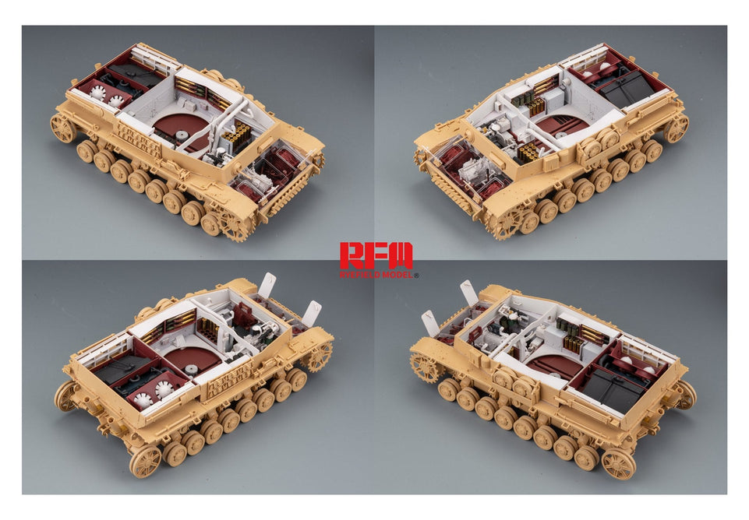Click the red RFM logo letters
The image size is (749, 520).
(376, 255)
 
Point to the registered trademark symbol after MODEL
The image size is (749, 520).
(415, 276)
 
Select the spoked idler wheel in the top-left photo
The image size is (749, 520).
(62, 128)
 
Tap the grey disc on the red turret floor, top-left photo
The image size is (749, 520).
(181, 134)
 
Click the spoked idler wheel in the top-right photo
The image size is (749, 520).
(677, 128)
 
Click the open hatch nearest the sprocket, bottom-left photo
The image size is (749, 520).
(309, 313)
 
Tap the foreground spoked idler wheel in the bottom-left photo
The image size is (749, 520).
(145, 462)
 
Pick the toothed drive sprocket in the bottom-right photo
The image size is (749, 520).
(425, 367)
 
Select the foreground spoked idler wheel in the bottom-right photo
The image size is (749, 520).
(618, 465)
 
